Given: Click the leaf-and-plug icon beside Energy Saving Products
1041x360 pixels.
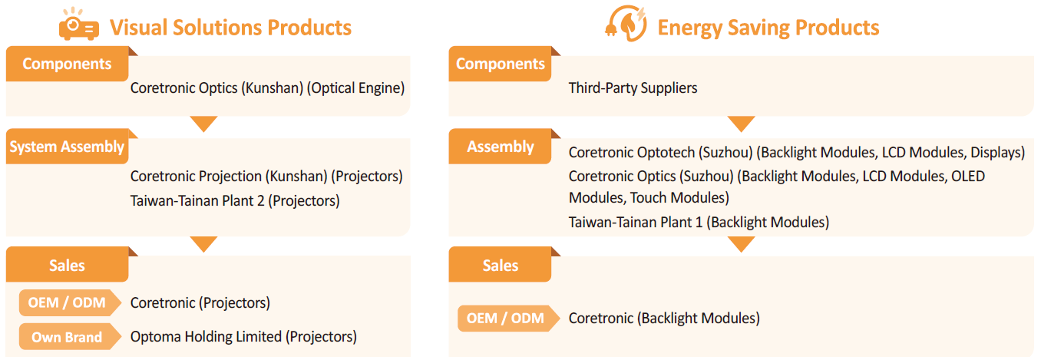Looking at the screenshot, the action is [x=626, y=23].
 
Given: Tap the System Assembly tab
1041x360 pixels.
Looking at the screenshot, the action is [x=67, y=147].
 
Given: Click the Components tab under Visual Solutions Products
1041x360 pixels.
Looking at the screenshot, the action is [x=67, y=64].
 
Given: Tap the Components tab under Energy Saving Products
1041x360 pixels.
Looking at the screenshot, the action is [x=500, y=64].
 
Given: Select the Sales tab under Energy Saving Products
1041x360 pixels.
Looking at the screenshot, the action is [x=500, y=265].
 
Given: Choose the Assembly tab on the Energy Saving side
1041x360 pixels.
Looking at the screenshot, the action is [x=500, y=147].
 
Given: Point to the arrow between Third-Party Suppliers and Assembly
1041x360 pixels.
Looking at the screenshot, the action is [x=742, y=124].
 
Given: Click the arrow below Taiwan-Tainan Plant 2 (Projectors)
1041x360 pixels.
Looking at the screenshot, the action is [x=203, y=244].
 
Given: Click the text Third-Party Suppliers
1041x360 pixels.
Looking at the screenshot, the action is [x=633, y=88].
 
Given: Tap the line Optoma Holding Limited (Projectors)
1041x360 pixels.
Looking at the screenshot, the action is [x=243, y=337].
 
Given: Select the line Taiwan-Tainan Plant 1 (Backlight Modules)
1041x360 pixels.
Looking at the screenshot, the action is [x=699, y=222].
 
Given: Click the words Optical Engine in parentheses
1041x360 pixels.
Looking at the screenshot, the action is [x=355, y=88].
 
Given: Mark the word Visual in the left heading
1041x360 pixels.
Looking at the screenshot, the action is [x=138, y=28].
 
